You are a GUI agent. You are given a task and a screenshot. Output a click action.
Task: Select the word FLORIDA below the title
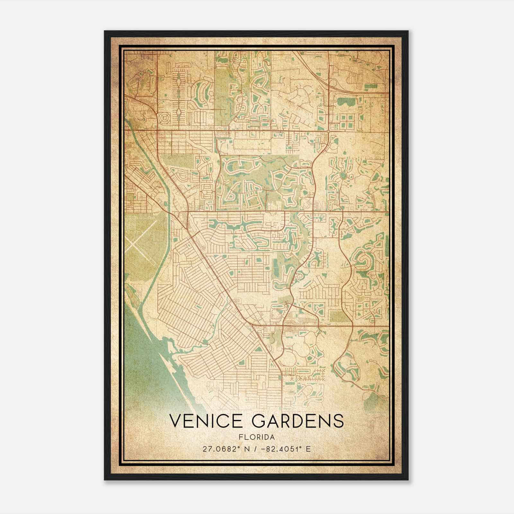pos(257,437)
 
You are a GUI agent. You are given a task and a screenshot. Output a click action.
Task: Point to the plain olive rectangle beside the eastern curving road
pos(337,316)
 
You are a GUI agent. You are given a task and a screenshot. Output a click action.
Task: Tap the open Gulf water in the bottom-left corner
pos(138,360)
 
